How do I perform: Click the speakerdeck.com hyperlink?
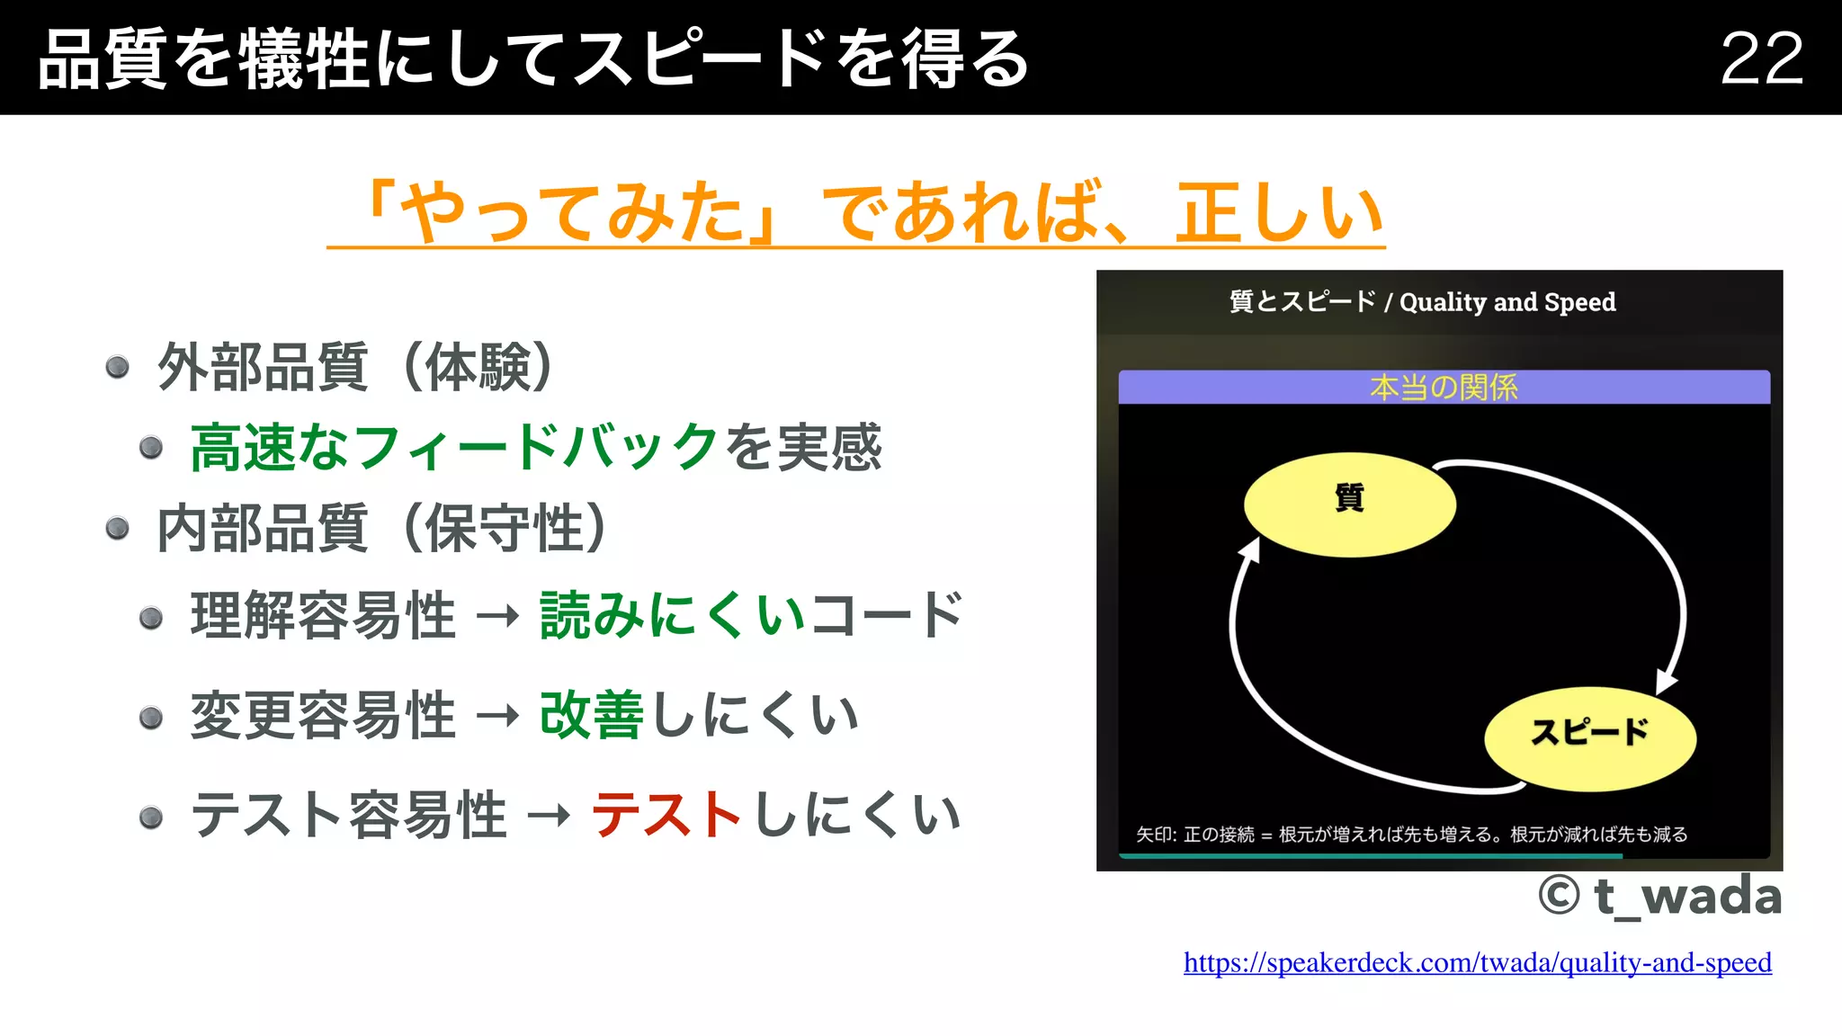coord(1477,962)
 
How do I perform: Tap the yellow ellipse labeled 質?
coord(1349,504)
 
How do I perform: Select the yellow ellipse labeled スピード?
coord(1589,737)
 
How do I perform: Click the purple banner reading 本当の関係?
coord(1444,388)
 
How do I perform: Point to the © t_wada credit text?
coord(1659,896)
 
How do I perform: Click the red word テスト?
coord(666,815)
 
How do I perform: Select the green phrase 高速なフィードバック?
coord(454,447)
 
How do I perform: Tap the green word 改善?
coord(591,716)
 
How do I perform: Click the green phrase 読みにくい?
coord(672,616)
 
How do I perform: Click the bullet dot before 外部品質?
coord(117,367)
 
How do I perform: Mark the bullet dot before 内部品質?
coord(117,528)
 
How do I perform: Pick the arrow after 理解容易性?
coord(497,617)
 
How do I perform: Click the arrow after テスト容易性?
coord(549,816)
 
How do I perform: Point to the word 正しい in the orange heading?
coord(1279,212)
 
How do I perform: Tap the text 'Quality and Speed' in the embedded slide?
coord(1507,302)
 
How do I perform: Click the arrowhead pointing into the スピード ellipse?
coord(1667,682)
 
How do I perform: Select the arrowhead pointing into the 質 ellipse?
coord(1249,549)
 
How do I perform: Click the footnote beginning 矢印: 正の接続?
coord(1411,835)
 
